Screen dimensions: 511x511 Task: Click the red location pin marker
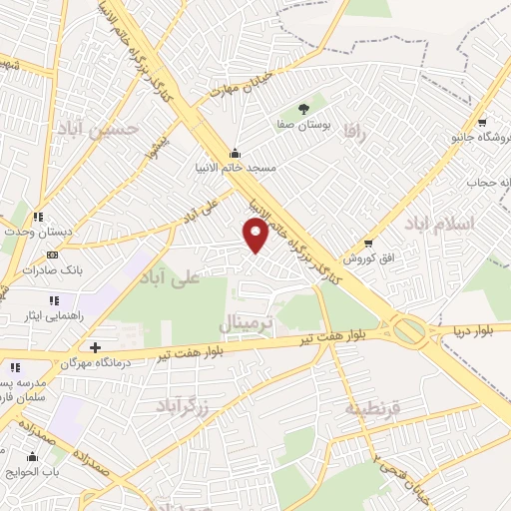pyautogui.click(x=256, y=236)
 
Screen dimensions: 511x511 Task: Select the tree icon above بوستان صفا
pyautogui.click(x=303, y=109)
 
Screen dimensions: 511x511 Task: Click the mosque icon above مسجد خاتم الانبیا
pyautogui.click(x=235, y=153)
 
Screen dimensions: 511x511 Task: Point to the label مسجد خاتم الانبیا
pyautogui.click(x=235, y=169)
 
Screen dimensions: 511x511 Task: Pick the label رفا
pyautogui.click(x=355, y=131)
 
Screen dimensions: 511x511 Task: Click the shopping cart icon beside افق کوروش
pyautogui.click(x=369, y=243)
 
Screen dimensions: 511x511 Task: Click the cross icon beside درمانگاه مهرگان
pyautogui.click(x=95, y=347)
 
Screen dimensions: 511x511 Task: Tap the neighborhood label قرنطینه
pyautogui.click(x=372, y=409)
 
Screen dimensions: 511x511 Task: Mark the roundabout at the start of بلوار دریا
pyautogui.click(x=408, y=329)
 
